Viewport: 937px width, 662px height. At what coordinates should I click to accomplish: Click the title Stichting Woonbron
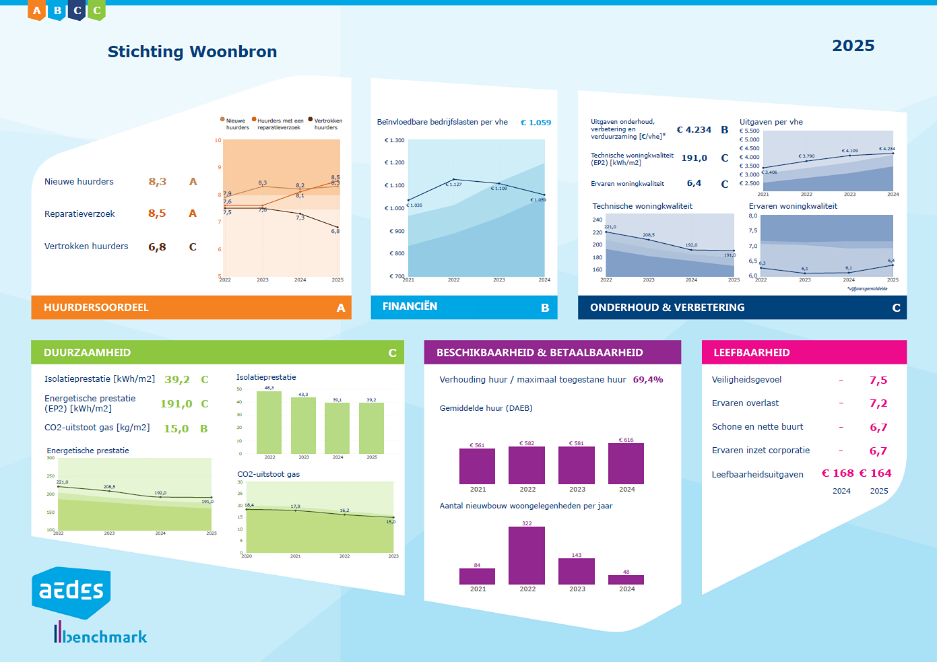pyautogui.click(x=192, y=52)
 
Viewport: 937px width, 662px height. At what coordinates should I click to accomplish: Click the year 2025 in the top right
pyautogui.click(x=853, y=46)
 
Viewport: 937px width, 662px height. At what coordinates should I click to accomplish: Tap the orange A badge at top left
pyautogui.click(x=37, y=10)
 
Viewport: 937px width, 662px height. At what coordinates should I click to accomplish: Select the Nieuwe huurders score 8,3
pyautogui.click(x=157, y=182)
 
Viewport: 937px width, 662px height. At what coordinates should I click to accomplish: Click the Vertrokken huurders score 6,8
pyautogui.click(x=157, y=247)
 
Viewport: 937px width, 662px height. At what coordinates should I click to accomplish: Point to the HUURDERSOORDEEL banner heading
pyautogui.click(x=96, y=308)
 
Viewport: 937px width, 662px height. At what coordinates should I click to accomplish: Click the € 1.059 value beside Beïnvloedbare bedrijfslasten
pyautogui.click(x=536, y=123)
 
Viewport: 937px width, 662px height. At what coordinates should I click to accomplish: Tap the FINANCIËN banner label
pyautogui.click(x=410, y=306)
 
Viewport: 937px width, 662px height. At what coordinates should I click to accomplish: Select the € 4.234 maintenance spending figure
pyautogui.click(x=694, y=130)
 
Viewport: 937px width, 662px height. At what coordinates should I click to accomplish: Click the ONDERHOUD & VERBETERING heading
pyautogui.click(x=667, y=308)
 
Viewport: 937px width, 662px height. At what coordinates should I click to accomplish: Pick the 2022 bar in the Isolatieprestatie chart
pyautogui.click(x=269, y=422)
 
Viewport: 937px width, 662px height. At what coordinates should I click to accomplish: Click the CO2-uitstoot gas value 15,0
pyautogui.click(x=176, y=429)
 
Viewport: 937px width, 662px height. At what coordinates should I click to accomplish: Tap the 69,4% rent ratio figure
pyautogui.click(x=647, y=380)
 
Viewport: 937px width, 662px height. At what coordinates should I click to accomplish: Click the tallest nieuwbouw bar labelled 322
pyautogui.click(x=527, y=555)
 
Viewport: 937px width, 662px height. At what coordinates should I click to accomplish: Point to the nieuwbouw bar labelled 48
pyautogui.click(x=626, y=580)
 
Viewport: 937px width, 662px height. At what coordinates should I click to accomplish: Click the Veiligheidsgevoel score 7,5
pyautogui.click(x=878, y=380)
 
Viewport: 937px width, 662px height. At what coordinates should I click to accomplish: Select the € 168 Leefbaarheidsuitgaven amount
pyautogui.click(x=837, y=473)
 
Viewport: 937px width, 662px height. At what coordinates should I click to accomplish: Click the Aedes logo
pyautogui.click(x=71, y=591)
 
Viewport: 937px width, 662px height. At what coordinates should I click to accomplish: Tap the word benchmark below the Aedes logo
pyautogui.click(x=106, y=637)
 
